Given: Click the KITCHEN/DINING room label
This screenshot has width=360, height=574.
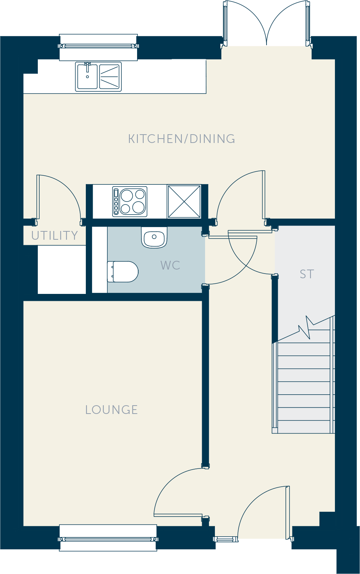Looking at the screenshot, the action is point(181,139).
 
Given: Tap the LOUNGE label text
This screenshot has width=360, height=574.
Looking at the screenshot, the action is point(112,410).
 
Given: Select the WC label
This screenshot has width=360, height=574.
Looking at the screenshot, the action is point(171,265).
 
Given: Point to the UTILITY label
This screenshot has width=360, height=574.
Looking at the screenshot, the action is point(55,235).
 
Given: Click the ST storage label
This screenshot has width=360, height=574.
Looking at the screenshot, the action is point(307,274).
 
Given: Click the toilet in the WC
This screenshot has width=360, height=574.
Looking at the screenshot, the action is point(123,272).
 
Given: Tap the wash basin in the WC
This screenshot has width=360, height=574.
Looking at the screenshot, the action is point(154,237).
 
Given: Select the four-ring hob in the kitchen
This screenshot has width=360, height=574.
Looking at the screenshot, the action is point(130,202).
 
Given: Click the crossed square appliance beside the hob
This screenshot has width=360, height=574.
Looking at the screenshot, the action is point(184,202).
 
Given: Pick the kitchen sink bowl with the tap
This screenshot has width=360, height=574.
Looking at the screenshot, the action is point(87,77).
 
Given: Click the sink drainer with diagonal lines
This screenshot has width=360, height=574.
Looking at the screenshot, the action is point(109,77).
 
